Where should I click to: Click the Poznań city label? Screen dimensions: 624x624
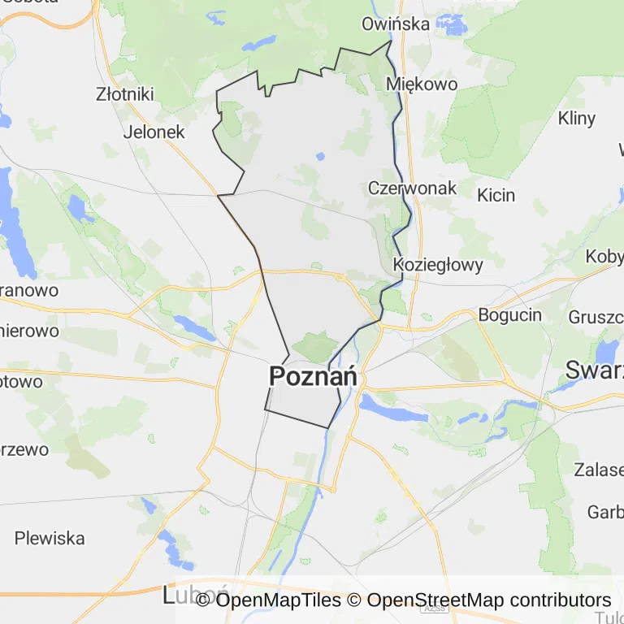pos(313,377)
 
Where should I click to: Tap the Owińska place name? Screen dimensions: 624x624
pos(396,24)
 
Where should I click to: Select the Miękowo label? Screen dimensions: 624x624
pos(422,84)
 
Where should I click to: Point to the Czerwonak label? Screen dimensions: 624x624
pos(412,188)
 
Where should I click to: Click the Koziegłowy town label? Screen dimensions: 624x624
pos(437,264)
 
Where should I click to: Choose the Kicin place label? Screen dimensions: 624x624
pos(496,195)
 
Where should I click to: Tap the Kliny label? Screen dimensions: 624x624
pos(577,118)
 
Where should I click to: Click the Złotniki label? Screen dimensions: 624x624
pos(124,94)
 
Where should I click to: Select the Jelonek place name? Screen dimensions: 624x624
pos(154,132)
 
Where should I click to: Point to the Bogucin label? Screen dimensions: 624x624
pos(510,315)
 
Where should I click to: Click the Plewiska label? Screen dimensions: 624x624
pos(50,538)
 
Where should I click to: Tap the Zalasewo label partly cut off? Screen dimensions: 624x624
pos(599,470)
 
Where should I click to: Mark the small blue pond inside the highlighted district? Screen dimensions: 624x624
pos(320,156)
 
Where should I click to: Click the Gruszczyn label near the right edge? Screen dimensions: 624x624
pos(596,316)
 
